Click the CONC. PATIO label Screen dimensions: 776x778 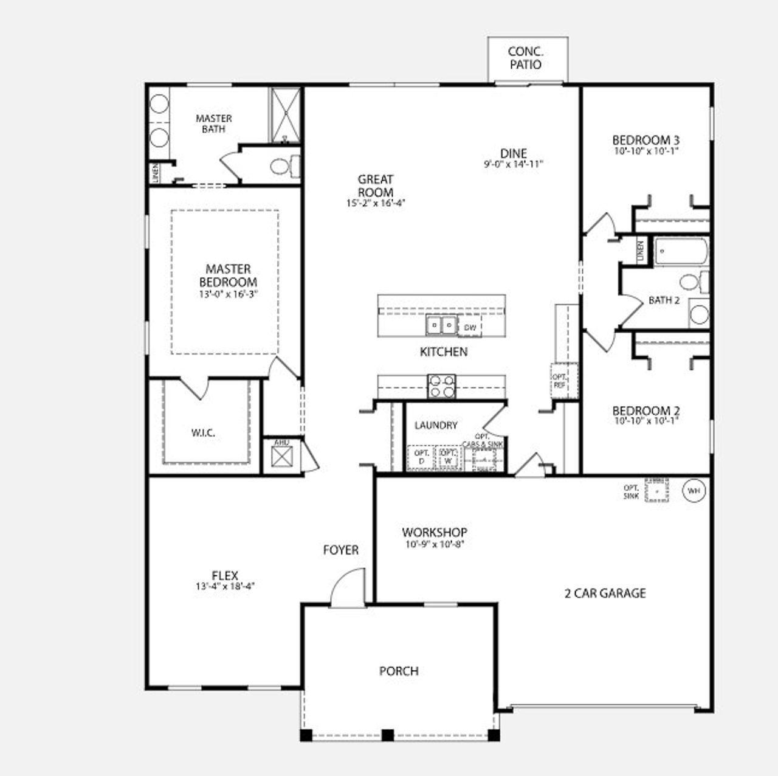[x=526, y=58]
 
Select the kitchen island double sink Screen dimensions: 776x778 [x=442, y=326]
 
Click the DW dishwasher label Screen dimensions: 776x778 [x=470, y=328]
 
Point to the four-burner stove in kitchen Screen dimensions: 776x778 [x=442, y=386]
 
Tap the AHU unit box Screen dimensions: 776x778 [x=281, y=456]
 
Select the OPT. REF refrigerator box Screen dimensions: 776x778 [x=560, y=381]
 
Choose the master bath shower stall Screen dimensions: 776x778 [x=285, y=115]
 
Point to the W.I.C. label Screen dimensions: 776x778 [x=203, y=433]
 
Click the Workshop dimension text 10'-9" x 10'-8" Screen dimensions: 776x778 [x=434, y=545]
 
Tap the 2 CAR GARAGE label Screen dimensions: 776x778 [x=605, y=593]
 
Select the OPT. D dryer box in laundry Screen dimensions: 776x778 [x=421, y=458]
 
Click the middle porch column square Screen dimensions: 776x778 [x=387, y=735]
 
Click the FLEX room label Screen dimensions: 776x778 [x=225, y=575]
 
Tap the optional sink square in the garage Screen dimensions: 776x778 [x=656, y=490]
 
